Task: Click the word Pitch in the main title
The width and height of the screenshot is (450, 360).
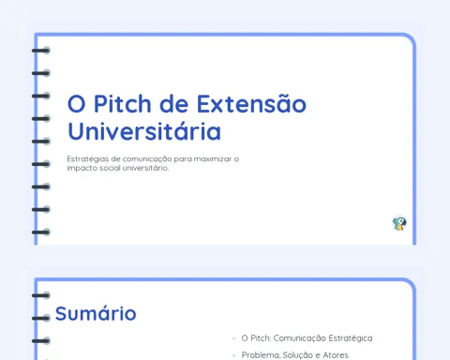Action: point(123,104)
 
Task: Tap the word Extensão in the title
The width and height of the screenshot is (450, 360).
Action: point(251,104)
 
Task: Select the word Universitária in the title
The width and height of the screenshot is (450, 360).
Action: point(144,131)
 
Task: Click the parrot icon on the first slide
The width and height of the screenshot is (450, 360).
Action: point(399,223)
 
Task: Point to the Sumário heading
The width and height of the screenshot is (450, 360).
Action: point(96,313)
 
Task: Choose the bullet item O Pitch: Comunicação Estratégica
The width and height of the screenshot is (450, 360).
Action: point(307,338)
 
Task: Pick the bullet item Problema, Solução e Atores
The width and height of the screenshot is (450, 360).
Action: point(294,355)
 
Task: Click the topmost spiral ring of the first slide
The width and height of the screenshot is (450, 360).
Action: point(41,51)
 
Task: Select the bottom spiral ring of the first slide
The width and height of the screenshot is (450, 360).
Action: point(41,232)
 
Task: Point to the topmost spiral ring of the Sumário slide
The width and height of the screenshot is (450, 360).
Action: point(41,295)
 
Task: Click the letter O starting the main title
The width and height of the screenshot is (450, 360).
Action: point(77,104)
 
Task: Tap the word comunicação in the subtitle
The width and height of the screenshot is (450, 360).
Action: point(147,159)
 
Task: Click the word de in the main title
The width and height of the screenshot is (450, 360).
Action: point(173,104)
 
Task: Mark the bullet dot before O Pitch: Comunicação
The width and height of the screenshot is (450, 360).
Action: point(234,338)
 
